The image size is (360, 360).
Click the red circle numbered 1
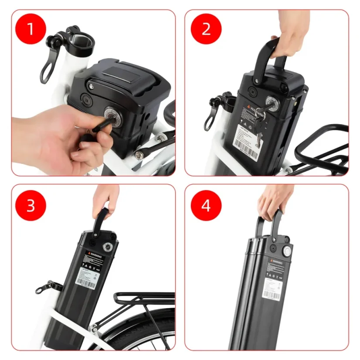click(31, 29)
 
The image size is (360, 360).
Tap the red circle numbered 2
click(206, 29)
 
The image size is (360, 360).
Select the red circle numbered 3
click(31, 205)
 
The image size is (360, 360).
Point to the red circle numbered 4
click(206, 205)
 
